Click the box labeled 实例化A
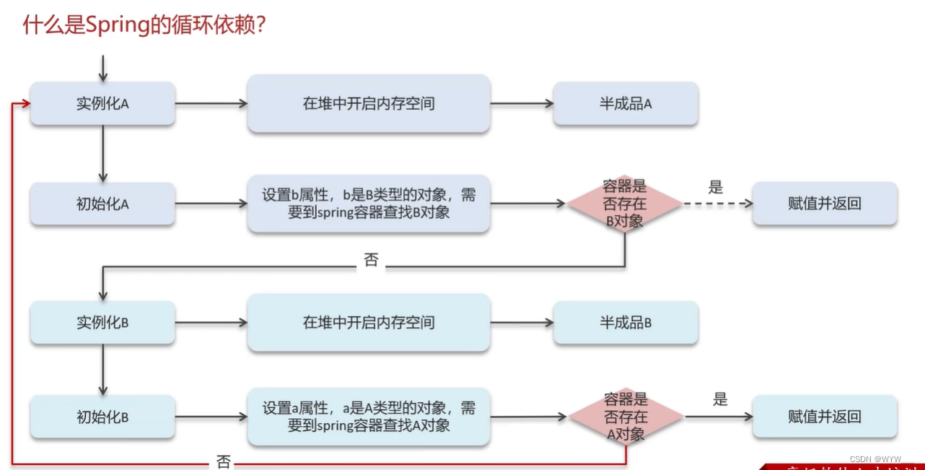click(x=102, y=103)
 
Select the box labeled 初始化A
click(x=102, y=204)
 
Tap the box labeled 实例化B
click(x=102, y=322)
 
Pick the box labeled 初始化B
click(x=102, y=417)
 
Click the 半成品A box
click(x=626, y=103)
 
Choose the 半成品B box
click(x=626, y=322)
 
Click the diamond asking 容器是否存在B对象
click(x=624, y=204)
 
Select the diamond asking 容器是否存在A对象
click(x=626, y=417)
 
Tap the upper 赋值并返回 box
click(x=825, y=204)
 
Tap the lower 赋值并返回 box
click(x=825, y=417)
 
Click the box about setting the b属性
click(x=369, y=204)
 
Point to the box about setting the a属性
click(x=369, y=417)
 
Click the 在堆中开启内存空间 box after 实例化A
click(x=369, y=103)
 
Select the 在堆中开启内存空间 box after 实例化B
click(x=369, y=322)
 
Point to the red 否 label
click(x=223, y=460)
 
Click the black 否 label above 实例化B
click(x=371, y=261)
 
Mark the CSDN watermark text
click(x=881, y=459)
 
